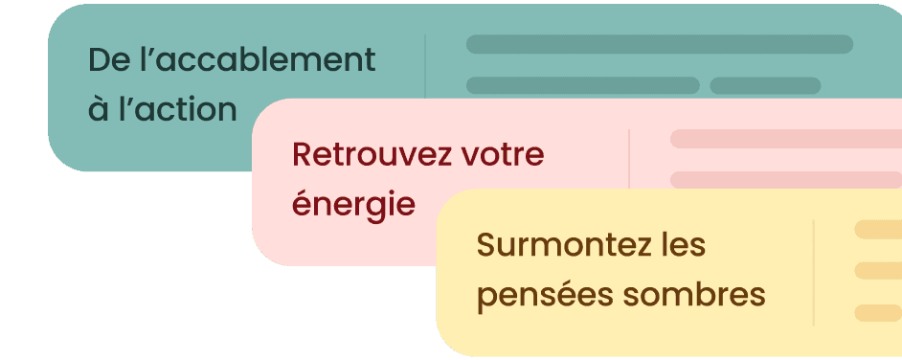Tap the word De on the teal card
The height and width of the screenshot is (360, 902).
coord(105,60)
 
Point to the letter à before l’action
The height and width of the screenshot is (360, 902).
coord(98,109)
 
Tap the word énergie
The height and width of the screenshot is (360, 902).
coord(353,203)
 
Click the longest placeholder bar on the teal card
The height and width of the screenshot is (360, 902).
coord(659,44)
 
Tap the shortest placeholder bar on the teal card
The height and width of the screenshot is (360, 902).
coord(765,85)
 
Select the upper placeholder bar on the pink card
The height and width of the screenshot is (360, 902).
coord(785,139)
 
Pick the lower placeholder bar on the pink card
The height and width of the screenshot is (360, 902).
coord(785,179)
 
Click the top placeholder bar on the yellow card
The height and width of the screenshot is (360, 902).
coord(877,229)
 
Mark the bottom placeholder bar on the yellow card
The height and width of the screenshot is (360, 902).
coord(877,313)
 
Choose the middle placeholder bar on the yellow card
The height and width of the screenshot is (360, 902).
coord(877,271)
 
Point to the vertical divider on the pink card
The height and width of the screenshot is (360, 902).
coord(629,159)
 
